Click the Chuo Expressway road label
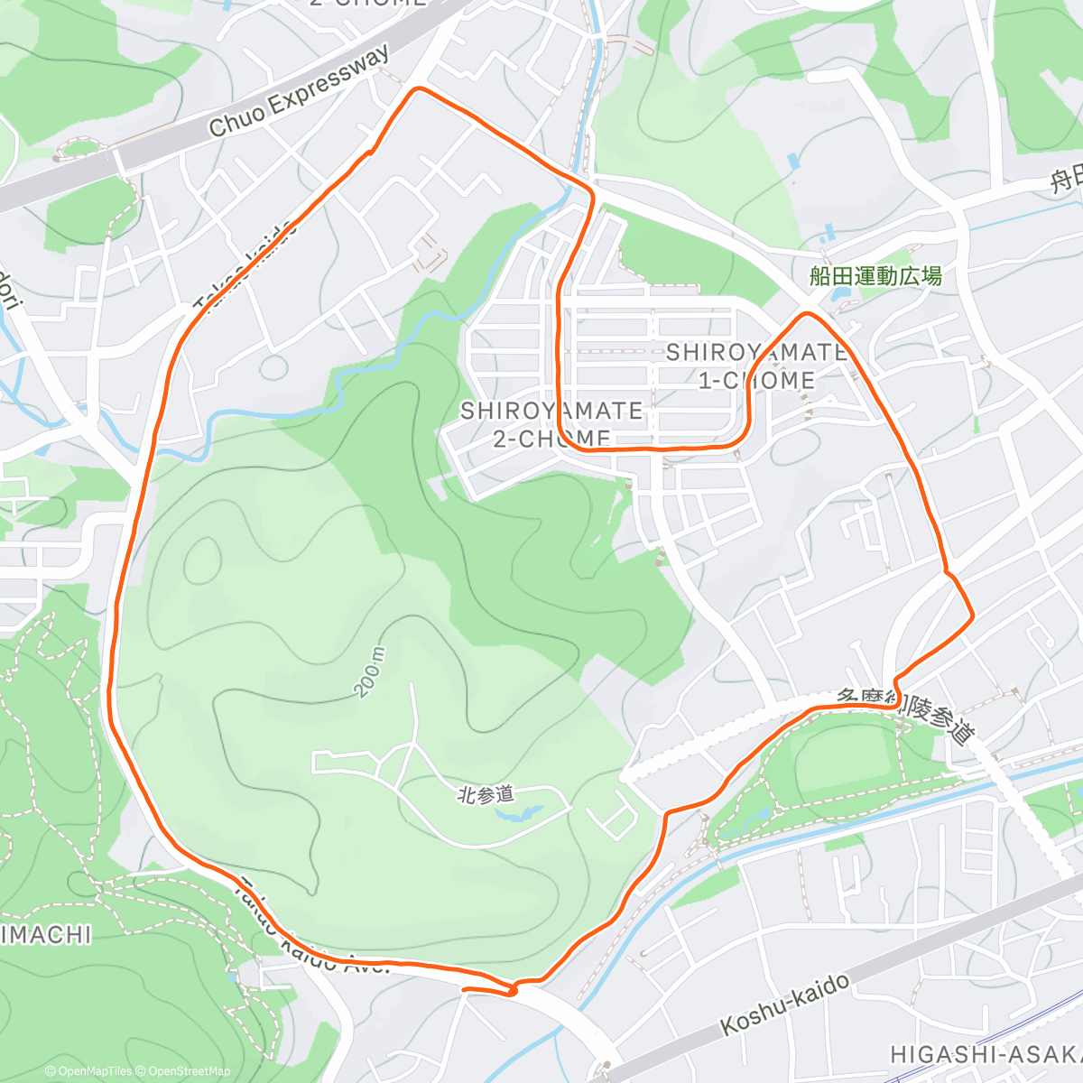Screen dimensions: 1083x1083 click(300, 90)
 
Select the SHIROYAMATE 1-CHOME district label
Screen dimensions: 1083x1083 click(756, 366)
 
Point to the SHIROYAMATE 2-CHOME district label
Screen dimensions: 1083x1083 click(551, 424)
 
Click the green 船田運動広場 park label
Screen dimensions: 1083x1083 click(875, 275)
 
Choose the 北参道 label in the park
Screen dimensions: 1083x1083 click(486, 794)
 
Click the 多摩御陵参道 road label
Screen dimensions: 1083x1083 click(907, 717)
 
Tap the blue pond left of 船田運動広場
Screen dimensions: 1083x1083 click(841, 292)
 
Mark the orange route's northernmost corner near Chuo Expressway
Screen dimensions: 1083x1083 click(417, 88)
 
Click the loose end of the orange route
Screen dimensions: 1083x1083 click(464, 990)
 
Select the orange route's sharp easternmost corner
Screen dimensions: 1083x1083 click(972, 616)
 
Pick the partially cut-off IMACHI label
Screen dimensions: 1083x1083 click(45, 934)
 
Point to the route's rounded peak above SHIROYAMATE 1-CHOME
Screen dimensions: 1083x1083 click(806, 313)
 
